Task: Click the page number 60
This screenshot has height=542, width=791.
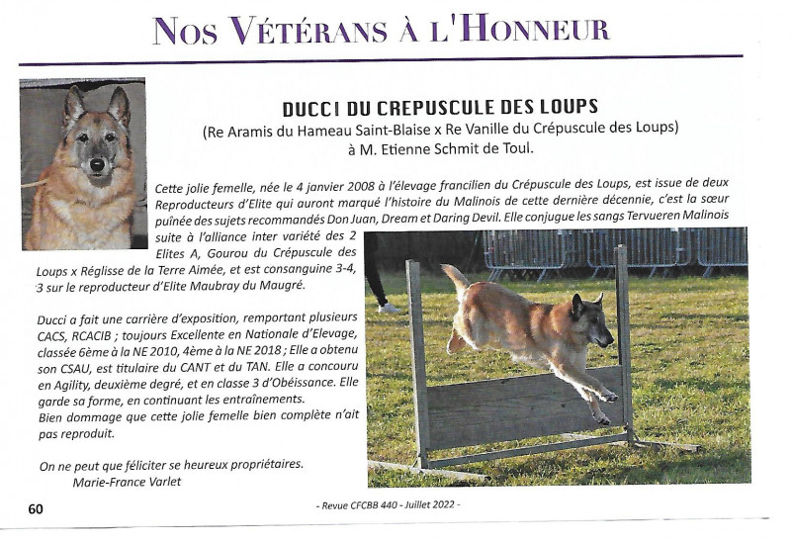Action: (x=36, y=508)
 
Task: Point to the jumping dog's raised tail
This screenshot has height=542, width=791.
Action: (x=456, y=281)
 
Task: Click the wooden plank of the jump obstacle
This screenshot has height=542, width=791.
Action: (x=524, y=406)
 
